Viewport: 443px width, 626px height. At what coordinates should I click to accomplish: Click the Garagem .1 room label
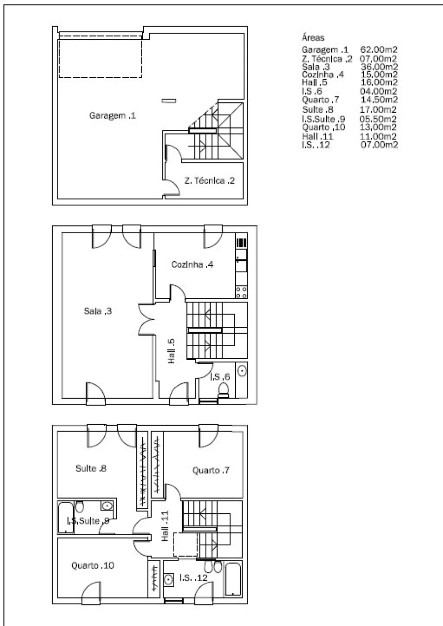(x=112, y=116)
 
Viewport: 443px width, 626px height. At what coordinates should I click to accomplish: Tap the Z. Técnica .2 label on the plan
(x=209, y=181)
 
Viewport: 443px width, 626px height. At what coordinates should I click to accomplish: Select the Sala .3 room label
(x=98, y=311)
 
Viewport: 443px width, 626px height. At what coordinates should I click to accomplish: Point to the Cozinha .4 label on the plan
(x=192, y=264)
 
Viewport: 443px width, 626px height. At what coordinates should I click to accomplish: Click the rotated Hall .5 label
(x=171, y=351)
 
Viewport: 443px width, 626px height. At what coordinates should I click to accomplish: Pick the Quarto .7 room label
(x=211, y=470)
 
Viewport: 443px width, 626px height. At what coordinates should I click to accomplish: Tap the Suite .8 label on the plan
(x=91, y=468)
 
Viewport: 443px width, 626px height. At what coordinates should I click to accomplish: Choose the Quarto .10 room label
(x=93, y=565)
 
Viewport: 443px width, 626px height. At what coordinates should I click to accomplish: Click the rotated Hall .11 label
(x=165, y=526)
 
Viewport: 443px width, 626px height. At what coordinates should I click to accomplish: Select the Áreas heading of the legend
(x=313, y=37)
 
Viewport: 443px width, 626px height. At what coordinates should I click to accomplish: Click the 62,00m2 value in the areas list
(x=379, y=50)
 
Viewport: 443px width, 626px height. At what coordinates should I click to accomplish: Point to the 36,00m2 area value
(x=379, y=67)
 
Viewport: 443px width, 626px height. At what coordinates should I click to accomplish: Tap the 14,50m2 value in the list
(x=380, y=99)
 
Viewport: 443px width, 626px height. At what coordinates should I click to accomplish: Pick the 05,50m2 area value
(x=378, y=119)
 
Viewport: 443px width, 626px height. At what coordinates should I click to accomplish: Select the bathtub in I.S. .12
(x=233, y=579)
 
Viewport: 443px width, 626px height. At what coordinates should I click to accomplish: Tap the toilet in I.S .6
(x=223, y=391)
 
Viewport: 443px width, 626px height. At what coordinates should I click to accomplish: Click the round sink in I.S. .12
(x=168, y=580)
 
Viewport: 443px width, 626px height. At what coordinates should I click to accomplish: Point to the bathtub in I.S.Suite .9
(x=65, y=518)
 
